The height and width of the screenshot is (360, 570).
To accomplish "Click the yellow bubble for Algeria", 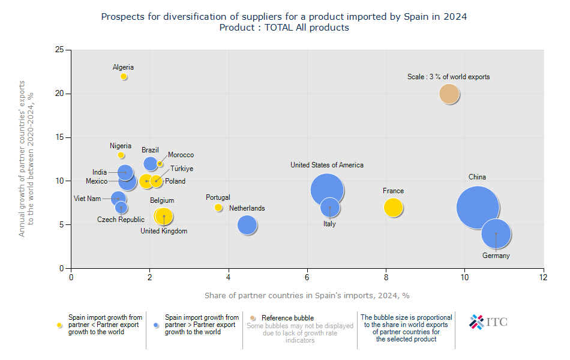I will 124,76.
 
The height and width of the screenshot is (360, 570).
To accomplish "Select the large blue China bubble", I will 478,208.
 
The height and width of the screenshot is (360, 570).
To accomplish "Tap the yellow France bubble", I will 393,208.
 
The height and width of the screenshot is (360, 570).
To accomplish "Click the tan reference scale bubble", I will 449,94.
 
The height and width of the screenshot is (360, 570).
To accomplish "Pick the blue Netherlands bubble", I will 247,225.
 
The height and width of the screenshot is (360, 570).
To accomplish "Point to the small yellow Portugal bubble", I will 218,208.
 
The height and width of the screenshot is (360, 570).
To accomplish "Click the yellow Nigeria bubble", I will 121,155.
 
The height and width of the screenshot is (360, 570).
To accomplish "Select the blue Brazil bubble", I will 151,164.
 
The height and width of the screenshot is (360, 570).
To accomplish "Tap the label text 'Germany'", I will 496,256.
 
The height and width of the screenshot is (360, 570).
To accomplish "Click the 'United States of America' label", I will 327,165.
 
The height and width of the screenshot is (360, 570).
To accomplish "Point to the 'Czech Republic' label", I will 121,220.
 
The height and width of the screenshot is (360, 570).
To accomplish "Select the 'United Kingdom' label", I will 164,231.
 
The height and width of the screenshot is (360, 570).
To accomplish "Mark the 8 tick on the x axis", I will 386,278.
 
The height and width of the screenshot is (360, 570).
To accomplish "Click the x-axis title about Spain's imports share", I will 307,295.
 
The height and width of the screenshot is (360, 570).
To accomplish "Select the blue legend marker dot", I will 156,325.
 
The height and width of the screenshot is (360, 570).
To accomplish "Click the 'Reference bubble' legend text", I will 287,318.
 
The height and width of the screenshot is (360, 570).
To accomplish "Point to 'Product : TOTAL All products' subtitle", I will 284,28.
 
